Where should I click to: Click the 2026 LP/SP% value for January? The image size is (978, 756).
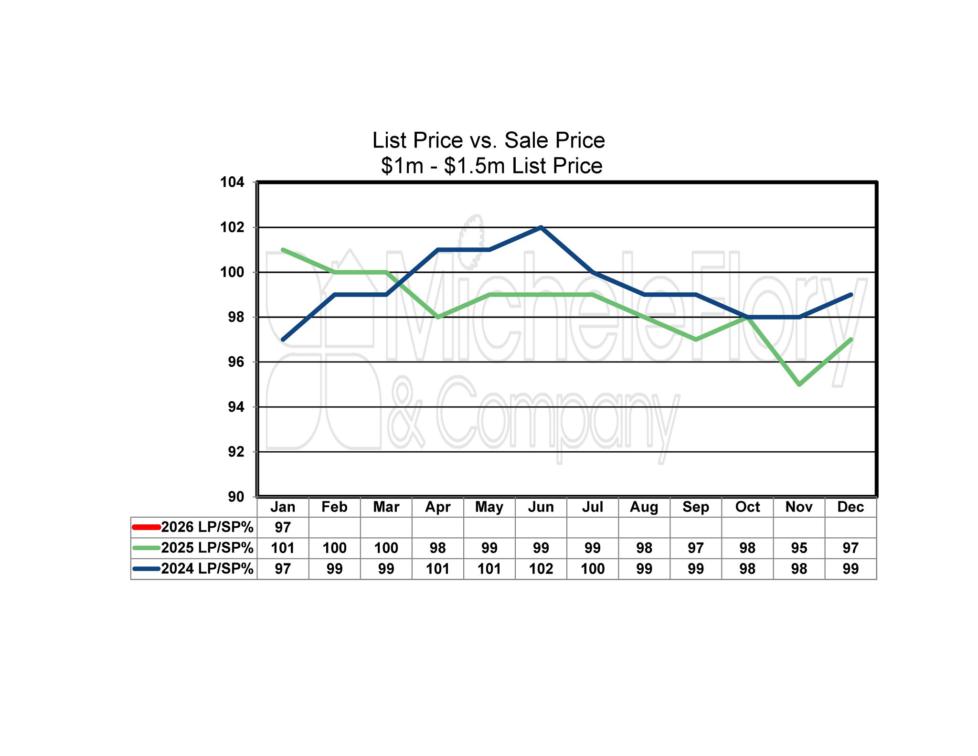[x=283, y=527]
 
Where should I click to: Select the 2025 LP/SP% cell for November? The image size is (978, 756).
[x=799, y=548]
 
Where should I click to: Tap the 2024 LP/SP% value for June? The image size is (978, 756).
[x=541, y=569]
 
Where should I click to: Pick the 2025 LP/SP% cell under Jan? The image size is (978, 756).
[x=283, y=548]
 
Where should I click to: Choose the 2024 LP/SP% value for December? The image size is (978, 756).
[x=850, y=569]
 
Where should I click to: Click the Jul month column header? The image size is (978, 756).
[x=593, y=507]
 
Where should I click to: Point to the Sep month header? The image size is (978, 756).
[x=696, y=507]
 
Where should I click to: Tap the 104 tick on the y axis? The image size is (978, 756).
[x=232, y=182]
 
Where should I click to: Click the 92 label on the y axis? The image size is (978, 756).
[x=235, y=452]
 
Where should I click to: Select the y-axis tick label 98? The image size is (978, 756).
[x=235, y=317]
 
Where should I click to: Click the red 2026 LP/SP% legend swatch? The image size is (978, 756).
[x=146, y=527]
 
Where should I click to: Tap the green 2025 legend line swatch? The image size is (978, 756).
[x=146, y=548]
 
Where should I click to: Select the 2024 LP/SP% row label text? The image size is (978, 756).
[x=207, y=569]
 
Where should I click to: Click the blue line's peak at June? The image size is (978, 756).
[x=541, y=227]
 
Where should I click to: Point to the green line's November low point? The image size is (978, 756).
[x=799, y=384]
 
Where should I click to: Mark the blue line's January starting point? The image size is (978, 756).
[x=283, y=340]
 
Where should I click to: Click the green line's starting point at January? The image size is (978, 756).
[x=283, y=250]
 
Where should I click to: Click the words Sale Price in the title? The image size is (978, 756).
[x=554, y=140]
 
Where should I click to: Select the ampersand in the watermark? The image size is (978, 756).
[x=406, y=411]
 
